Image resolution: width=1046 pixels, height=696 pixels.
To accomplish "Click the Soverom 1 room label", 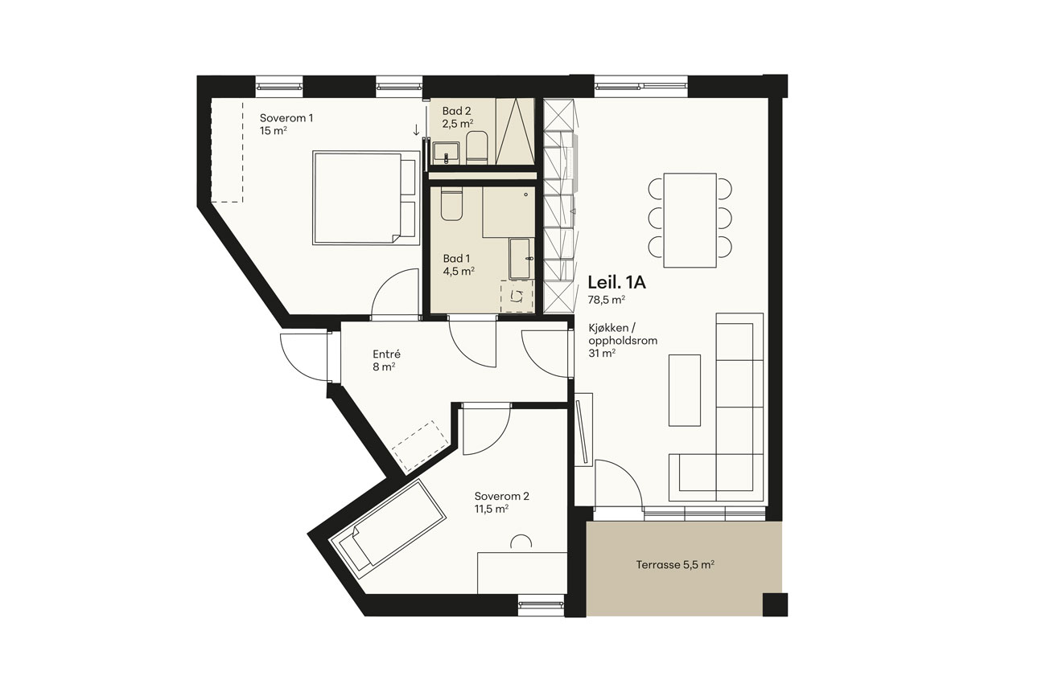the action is click(286, 118).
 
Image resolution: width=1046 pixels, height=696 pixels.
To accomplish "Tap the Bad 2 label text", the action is click(457, 111).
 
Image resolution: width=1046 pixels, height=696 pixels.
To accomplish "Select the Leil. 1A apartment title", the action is click(616, 282).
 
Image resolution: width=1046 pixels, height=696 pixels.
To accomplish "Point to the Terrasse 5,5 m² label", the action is click(675, 565).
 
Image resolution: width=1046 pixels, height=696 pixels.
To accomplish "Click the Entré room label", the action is click(387, 354).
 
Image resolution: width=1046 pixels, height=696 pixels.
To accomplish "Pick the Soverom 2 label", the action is click(502, 496).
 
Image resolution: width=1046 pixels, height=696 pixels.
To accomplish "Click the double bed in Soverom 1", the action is click(367, 198).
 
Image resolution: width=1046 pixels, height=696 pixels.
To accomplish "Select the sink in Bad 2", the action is click(447, 154).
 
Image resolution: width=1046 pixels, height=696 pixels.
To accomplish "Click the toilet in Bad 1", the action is click(451, 203).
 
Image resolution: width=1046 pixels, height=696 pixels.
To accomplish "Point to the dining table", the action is click(690, 220).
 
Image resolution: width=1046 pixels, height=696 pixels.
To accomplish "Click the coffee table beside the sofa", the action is click(685, 391).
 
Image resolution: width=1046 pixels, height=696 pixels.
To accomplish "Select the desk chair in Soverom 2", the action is click(521, 541).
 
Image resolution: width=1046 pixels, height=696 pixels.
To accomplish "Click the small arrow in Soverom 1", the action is click(416, 130).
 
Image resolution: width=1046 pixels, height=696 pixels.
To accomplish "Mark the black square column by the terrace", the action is click(775, 604).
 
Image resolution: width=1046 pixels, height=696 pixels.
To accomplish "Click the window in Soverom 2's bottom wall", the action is click(542, 605).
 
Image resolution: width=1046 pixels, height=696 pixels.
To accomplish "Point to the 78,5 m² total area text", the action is click(607, 300).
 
